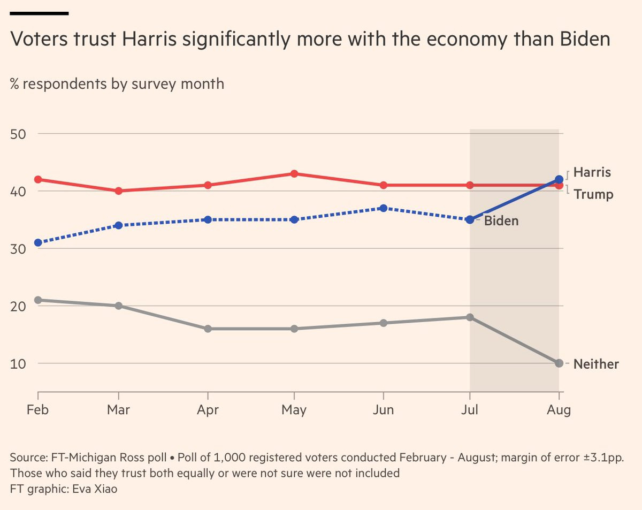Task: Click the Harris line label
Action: pyautogui.click(x=592, y=172)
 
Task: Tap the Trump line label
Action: pyautogui.click(x=593, y=194)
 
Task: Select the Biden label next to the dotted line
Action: pyautogui.click(x=501, y=220)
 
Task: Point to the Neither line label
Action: pyautogui.click(x=596, y=364)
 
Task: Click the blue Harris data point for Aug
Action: pyautogui.click(x=559, y=179)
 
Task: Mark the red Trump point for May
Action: pyautogui.click(x=294, y=174)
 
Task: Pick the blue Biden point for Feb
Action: pyautogui.click(x=38, y=242)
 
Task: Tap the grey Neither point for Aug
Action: pyautogui.click(x=559, y=363)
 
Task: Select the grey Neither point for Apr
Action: pyautogui.click(x=208, y=329)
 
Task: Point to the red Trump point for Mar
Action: pyautogui.click(x=118, y=191)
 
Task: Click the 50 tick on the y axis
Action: pyautogui.click(x=19, y=134)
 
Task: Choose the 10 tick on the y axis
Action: pyautogui.click(x=19, y=363)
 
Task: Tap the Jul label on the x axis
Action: pyautogui.click(x=470, y=410)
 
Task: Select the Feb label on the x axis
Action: pyautogui.click(x=38, y=410)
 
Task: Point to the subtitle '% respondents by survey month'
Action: pyautogui.click(x=117, y=84)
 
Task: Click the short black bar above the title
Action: pyautogui.click(x=39, y=13)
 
